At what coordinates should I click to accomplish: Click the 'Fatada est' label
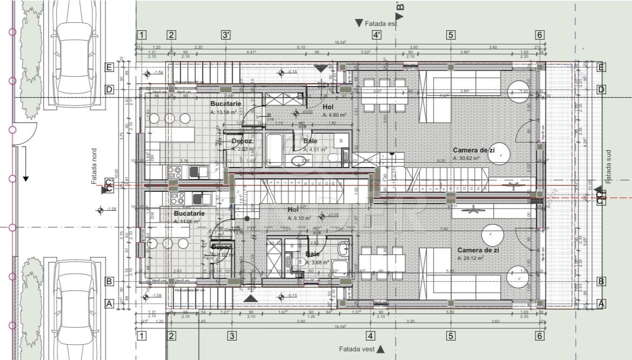[x=381, y=23]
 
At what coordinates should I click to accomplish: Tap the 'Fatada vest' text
[x=357, y=349]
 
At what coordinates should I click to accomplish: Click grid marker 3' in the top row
[x=226, y=35]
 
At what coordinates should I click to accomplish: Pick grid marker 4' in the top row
[x=377, y=35]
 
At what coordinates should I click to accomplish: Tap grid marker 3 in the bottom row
[x=232, y=336]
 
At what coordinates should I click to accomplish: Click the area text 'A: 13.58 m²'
[x=225, y=112]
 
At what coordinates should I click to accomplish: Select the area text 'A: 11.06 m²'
[x=187, y=222]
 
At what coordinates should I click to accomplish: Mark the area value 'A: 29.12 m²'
[x=470, y=258]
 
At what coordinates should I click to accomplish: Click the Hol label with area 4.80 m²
[x=328, y=107]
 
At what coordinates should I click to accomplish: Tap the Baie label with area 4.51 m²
[x=310, y=141]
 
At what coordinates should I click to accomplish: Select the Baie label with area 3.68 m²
[x=312, y=254]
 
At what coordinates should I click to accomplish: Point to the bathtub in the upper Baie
[x=274, y=150]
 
